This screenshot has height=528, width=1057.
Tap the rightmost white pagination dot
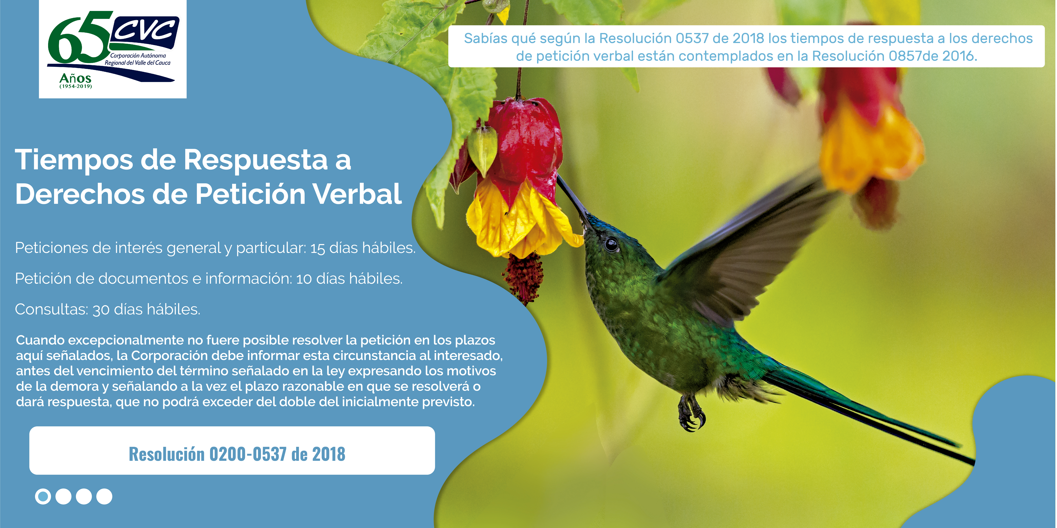[x=104, y=496]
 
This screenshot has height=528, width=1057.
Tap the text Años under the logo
[x=75, y=78]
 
